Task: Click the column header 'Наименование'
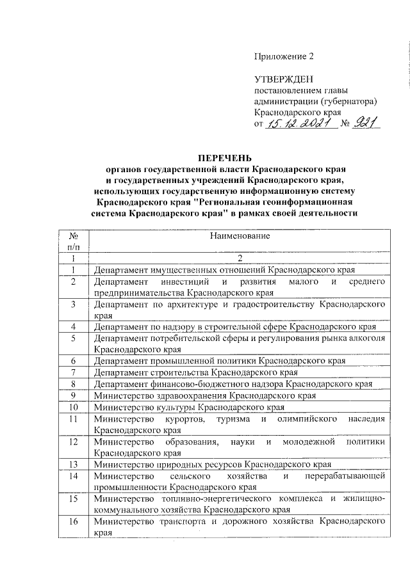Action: click(x=238, y=236)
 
